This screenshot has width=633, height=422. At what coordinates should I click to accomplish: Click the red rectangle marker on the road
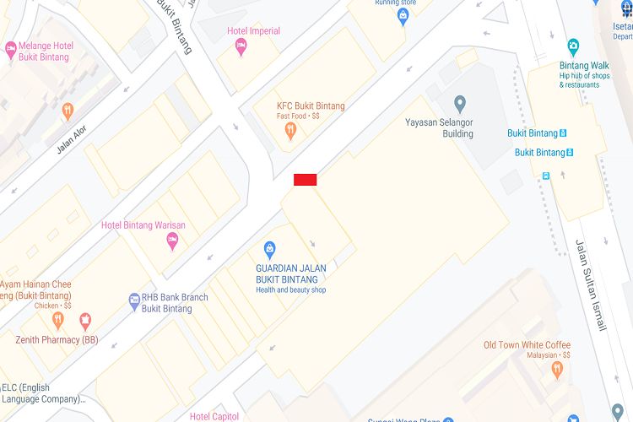[305, 179]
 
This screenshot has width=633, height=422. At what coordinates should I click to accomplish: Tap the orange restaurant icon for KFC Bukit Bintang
[290, 130]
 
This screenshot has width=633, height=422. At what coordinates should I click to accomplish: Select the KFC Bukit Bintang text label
[311, 106]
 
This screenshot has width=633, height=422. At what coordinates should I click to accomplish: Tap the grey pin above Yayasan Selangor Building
[460, 105]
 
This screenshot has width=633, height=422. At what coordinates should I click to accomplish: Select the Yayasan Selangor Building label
[439, 128]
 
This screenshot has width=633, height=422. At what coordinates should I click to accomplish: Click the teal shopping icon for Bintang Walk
[574, 46]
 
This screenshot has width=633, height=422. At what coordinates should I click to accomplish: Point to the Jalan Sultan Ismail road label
[590, 284]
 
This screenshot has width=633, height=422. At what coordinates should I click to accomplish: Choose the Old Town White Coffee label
[527, 345]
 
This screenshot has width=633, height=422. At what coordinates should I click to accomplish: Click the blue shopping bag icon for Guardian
[270, 249]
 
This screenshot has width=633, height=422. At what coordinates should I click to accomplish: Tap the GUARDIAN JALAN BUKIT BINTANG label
[291, 274]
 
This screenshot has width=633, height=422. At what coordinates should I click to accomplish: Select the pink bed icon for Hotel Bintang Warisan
[172, 242]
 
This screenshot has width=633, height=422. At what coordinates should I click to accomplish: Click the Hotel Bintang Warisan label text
[143, 225]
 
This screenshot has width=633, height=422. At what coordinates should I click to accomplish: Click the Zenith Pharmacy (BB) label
[57, 340]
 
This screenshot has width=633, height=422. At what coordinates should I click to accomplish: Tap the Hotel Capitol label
[214, 416]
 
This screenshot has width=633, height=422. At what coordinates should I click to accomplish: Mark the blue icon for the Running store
[403, 16]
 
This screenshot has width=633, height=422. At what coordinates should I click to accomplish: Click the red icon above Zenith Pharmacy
[84, 320]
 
